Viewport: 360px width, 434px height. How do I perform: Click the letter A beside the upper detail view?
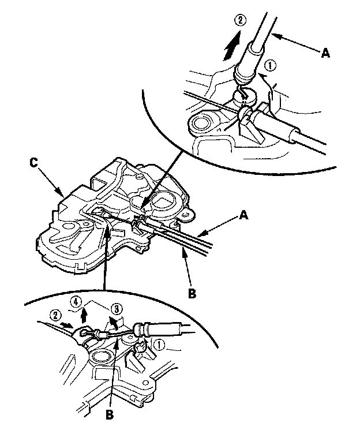pos(325,53)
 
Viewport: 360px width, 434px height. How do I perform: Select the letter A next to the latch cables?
pos(243,215)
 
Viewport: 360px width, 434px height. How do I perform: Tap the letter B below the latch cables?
pos(192,293)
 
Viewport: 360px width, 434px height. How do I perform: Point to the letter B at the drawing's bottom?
pos(110,414)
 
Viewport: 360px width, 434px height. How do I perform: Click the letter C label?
pos(33,163)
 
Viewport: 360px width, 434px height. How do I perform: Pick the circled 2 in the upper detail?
pos(240,20)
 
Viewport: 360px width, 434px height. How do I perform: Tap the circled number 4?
pos(76,301)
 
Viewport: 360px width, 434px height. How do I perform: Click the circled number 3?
pos(117,308)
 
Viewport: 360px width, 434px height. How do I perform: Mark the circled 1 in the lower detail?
pos(160,345)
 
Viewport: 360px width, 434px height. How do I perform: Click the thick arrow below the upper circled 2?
pos(231,46)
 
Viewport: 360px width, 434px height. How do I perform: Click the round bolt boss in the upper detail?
pos(200,124)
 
